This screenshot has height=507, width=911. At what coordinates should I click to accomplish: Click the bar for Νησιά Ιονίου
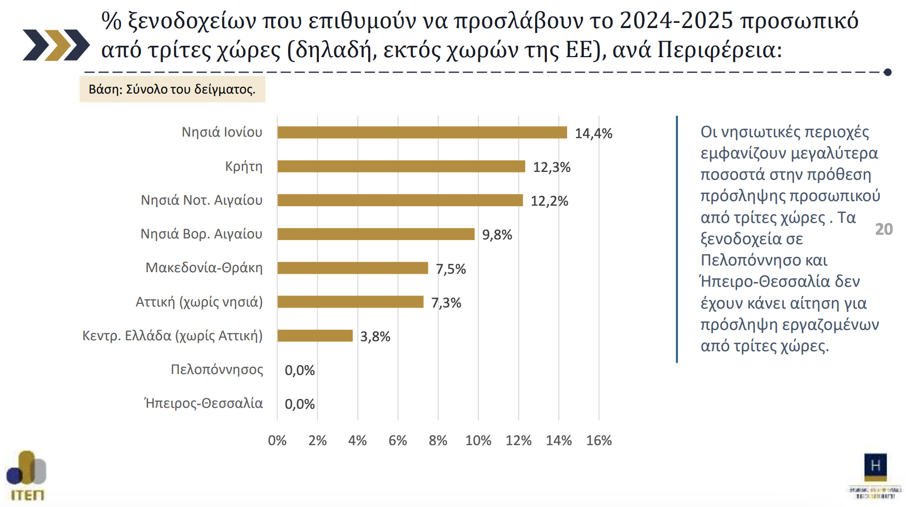tap(422, 132)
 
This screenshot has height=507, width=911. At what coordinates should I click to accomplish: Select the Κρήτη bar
tap(401, 166)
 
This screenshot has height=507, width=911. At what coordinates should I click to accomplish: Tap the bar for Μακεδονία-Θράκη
tap(353, 268)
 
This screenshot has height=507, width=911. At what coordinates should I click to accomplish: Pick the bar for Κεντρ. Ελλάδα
tap(315, 336)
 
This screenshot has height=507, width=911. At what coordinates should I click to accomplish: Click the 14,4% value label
tap(593, 134)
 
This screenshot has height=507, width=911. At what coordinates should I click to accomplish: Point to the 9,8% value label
tap(497, 235)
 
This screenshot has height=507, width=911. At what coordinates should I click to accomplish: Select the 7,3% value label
tap(446, 303)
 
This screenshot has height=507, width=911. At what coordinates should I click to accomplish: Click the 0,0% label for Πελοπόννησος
tap(300, 370)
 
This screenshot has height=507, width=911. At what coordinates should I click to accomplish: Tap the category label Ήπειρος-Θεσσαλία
tap(204, 403)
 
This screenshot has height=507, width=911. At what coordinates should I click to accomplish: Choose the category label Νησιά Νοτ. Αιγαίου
tap(202, 200)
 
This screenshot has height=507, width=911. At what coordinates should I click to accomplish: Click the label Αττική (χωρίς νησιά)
tap(199, 302)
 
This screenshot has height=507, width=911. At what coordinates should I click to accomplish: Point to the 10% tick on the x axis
tap(478, 441)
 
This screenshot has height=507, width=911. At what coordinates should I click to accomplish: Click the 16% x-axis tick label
tap(598, 441)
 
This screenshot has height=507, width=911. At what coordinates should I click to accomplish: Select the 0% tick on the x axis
tap(277, 441)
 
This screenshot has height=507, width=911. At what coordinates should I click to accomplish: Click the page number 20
tap(883, 229)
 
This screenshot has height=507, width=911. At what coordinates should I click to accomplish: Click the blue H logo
tap(875, 466)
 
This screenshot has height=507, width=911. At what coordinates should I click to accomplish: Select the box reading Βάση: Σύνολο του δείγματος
tap(172, 89)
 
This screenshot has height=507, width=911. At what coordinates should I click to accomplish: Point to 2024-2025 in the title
tap(676, 21)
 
